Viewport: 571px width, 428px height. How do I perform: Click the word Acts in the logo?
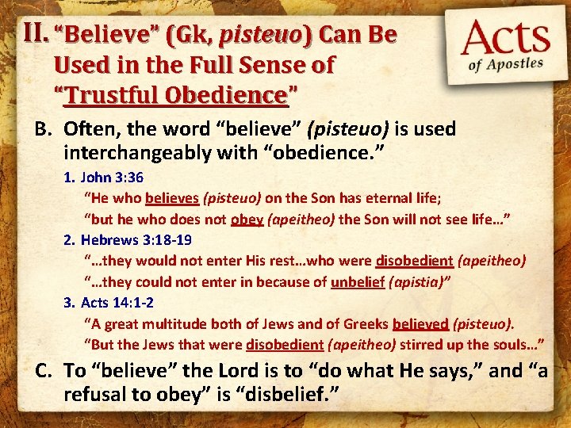506,40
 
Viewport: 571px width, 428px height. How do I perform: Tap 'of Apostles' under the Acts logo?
508,65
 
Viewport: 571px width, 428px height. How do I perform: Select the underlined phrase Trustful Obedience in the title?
176,95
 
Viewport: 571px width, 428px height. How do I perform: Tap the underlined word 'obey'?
247,219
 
